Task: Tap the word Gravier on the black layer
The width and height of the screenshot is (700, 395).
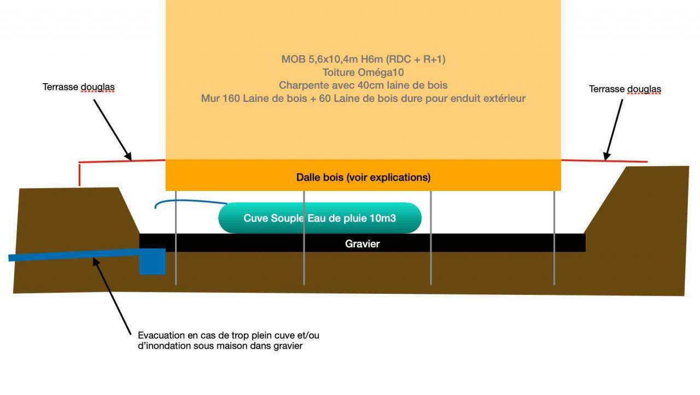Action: pos(362,243)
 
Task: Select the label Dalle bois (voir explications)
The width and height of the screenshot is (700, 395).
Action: pos(363,177)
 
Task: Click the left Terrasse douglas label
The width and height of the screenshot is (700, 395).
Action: pos(79,88)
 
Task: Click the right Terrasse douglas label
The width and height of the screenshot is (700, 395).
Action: pos(625,89)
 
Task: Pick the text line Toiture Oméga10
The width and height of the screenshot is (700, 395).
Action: pos(363,72)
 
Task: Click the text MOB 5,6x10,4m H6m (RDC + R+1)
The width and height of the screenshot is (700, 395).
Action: pos(363,59)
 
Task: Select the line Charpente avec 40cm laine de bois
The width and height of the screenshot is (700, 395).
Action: pos(363,85)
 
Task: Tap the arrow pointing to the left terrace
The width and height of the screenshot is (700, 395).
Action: pos(113,129)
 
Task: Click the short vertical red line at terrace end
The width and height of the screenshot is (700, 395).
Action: pos(80,174)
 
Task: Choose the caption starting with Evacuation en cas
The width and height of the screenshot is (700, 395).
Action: pos(228,341)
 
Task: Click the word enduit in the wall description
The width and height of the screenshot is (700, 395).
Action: pos(462,98)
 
